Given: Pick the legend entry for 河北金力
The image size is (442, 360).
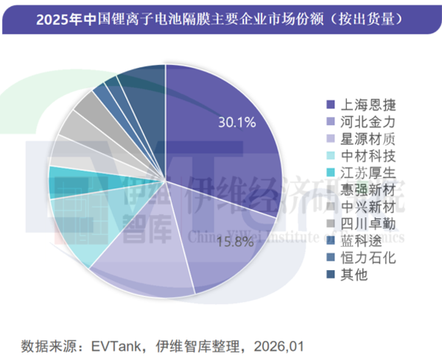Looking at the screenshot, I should pos(361,121).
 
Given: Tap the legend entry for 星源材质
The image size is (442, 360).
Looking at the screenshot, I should pos(361,138).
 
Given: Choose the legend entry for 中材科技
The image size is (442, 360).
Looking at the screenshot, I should pos(361,155).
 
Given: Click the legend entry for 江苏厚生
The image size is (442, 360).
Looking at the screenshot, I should pos(361,172).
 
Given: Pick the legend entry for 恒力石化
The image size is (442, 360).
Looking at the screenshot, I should pos(361,257).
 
